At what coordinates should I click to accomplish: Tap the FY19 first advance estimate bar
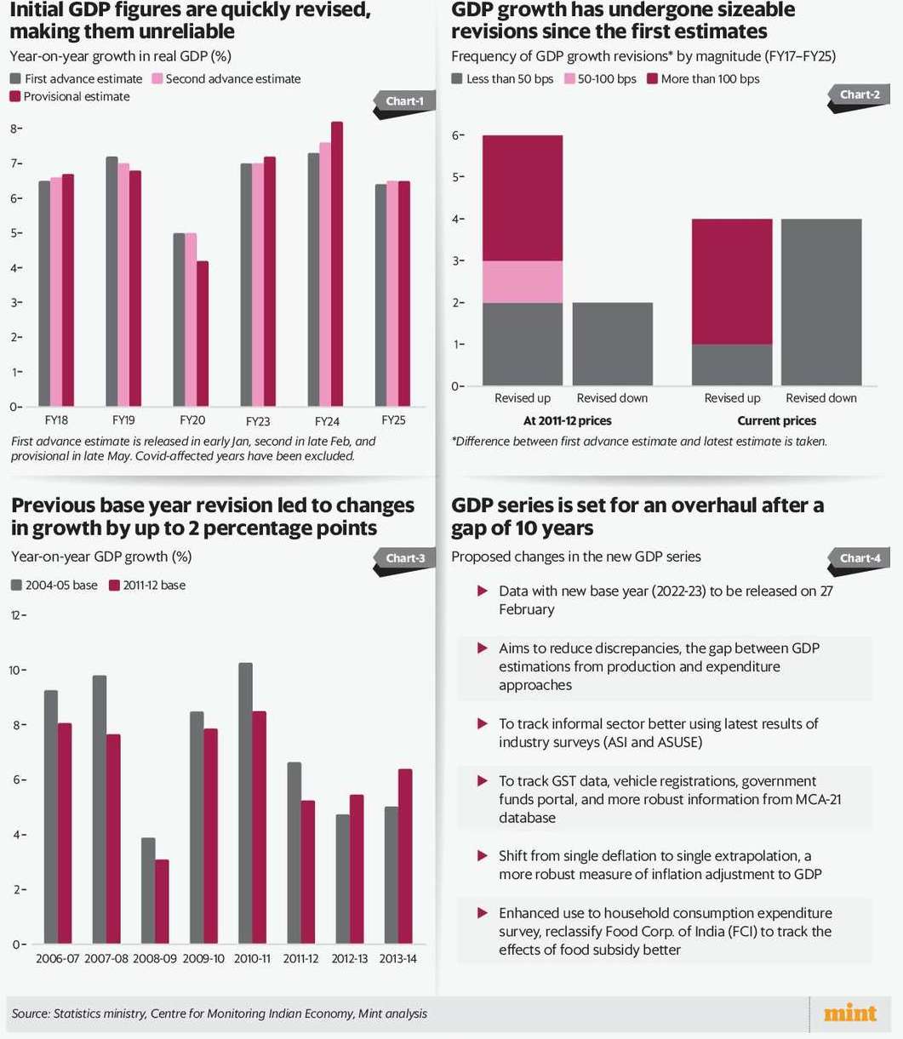pyautogui.click(x=111, y=282)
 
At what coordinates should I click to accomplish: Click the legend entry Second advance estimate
pyautogui.click(x=226, y=78)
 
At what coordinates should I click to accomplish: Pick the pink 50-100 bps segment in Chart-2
pyautogui.click(x=523, y=282)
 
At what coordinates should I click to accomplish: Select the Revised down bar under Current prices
pyautogui.click(x=821, y=302)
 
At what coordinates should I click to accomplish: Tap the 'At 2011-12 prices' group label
pyautogui.click(x=567, y=420)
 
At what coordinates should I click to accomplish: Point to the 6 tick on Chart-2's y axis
pyautogui.click(x=456, y=135)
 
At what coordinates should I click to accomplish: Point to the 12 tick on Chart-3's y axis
pyautogui.click(x=14, y=615)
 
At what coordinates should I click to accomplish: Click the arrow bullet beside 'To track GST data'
pyautogui.click(x=483, y=780)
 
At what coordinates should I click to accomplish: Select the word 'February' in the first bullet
pyautogui.click(x=527, y=609)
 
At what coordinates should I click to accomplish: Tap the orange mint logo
pyautogui.click(x=849, y=1013)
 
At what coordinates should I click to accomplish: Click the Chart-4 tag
pyautogui.click(x=860, y=558)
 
